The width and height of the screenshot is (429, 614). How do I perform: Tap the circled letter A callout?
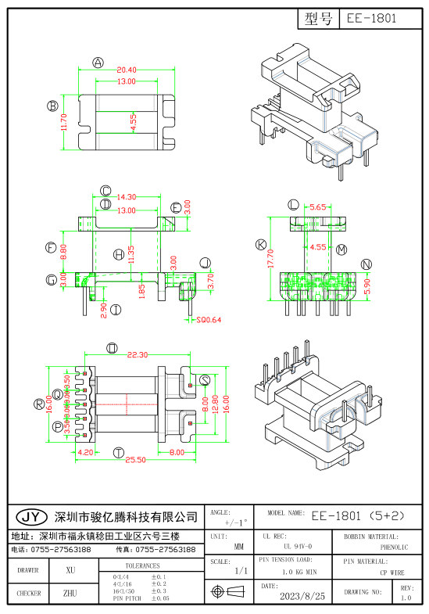point(98,63)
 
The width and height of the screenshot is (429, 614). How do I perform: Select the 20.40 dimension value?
point(126,70)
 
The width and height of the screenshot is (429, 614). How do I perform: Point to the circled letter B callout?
point(52,106)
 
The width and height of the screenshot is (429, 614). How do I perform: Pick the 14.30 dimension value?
point(126,198)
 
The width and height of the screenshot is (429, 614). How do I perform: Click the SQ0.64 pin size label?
point(209,320)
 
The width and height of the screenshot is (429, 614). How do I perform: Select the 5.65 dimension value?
point(318,208)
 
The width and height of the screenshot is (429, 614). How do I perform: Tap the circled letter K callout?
point(260,245)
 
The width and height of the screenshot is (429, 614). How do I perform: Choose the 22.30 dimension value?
point(137,355)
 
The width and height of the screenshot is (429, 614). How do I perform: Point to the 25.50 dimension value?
point(137,461)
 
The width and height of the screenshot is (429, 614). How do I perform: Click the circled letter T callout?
point(118,453)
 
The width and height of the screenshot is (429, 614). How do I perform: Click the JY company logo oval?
point(31,518)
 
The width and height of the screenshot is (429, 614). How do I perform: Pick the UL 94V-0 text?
point(298,546)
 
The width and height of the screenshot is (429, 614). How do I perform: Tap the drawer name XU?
point(70,571)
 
